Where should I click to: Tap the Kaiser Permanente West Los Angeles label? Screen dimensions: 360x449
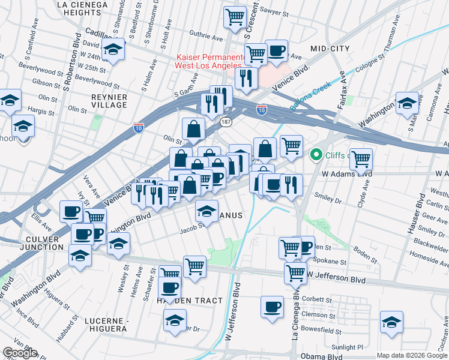tap(208, 61)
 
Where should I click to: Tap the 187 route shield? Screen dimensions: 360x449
tap(226, 122)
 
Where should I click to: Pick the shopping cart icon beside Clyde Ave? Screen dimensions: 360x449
tap(361, 159)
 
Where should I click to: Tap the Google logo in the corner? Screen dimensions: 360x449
tap(20, 353)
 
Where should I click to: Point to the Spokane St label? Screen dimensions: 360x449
tap(335, 262)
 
